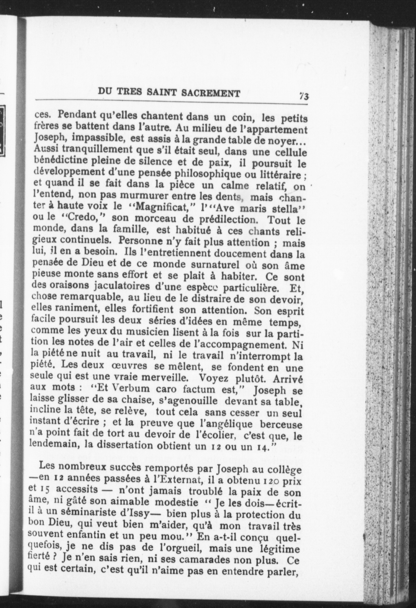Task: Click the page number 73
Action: [304, 96]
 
